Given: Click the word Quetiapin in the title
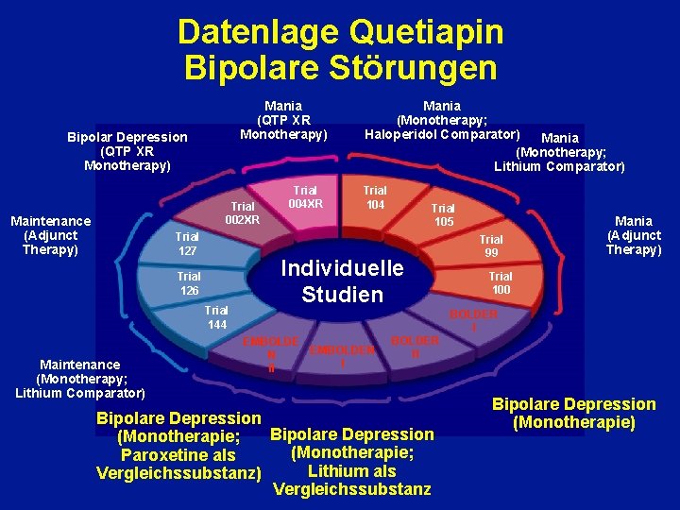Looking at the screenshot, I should coord(425,33).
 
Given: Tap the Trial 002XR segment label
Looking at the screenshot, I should coord(243,212).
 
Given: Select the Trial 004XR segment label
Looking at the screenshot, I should coord(305,196).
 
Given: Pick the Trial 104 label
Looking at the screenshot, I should coord(375,196).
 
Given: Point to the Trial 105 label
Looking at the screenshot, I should coord(443,214).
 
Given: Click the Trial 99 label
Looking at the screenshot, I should coord(491,246).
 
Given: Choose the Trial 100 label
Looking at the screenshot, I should coord(501,282).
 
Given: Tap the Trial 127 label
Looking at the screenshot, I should coord(186,244).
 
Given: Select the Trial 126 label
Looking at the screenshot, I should coord(189,283).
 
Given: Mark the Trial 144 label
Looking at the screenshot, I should coord(216,317).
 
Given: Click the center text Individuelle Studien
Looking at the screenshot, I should coord(342,280).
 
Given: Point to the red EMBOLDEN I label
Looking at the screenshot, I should coord(343,355).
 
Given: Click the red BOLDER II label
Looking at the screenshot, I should coord(416,347).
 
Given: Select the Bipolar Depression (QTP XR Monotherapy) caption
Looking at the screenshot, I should coord(127,151).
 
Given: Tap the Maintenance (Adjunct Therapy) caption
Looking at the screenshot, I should coord(50,235).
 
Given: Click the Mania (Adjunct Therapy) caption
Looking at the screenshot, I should coord(634,235).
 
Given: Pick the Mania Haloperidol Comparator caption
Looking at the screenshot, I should coord(442,120).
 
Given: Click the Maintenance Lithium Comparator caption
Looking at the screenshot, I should coord(80,378).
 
